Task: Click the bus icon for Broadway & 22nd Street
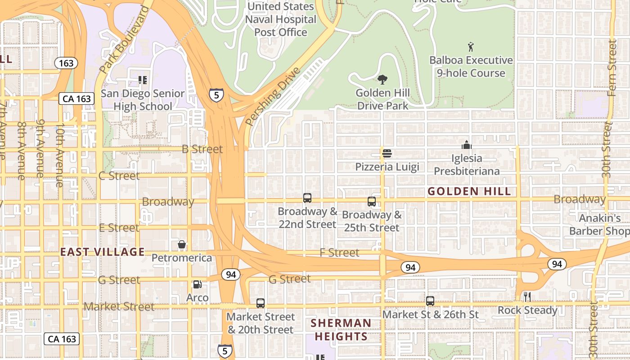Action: (307, 198)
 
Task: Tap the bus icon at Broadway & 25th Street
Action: (372, 202)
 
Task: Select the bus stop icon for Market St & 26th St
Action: (430, 301)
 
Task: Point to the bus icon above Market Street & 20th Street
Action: (261, 303)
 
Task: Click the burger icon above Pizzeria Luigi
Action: (387, 153)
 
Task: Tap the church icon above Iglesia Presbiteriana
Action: (467, 145)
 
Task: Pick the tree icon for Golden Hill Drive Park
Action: (382, 80)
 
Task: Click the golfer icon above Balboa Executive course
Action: (471, 47)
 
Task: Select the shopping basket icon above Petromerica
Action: (182, 245)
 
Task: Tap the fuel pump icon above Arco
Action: (197, 284)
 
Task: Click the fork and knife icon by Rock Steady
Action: (527, 297)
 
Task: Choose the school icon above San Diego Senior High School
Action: (143, 81)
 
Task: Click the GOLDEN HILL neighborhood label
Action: (469, 192)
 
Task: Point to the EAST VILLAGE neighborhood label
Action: (103, 252)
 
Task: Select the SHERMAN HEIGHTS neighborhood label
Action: (341, 329)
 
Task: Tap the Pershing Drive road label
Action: (273, 97)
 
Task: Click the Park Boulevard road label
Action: (125, 40)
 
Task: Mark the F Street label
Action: (339, 253)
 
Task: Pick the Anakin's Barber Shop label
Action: (599, 225)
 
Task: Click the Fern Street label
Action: (612, 67)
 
